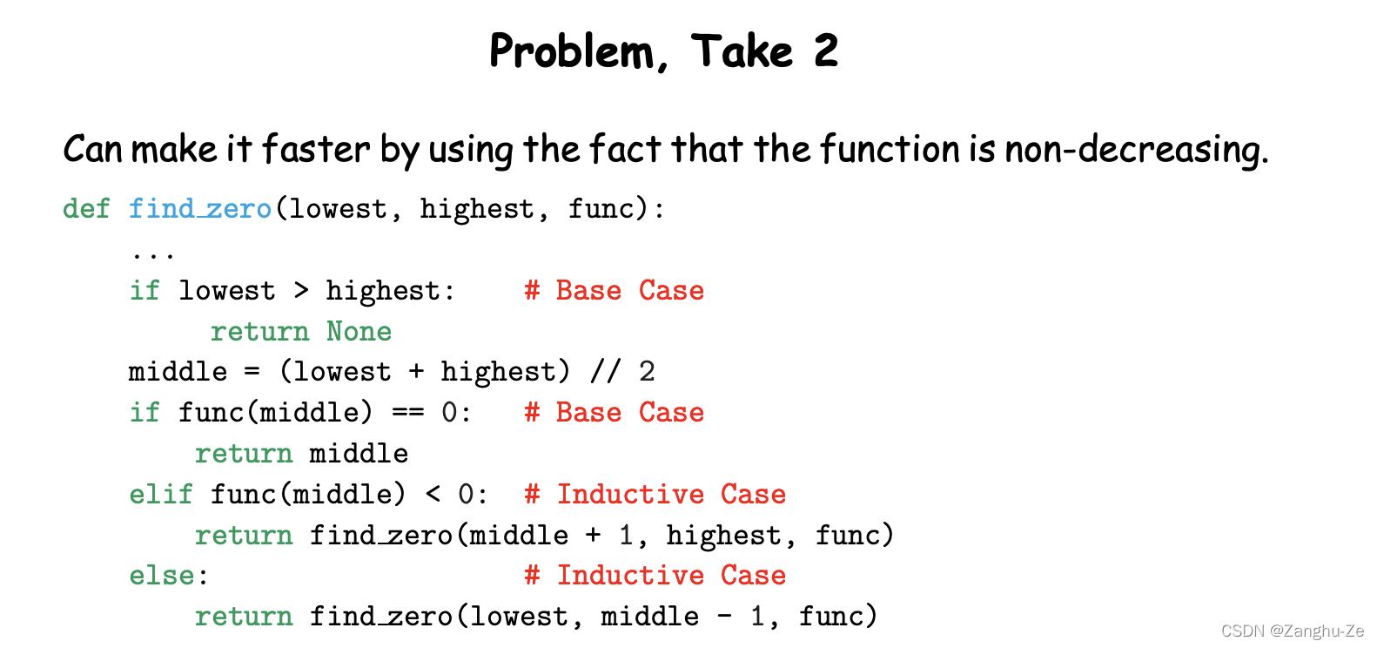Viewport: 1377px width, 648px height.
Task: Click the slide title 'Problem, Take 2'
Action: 663,51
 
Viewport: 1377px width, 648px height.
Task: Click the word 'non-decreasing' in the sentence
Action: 1135,149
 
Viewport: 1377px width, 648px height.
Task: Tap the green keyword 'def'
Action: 86,209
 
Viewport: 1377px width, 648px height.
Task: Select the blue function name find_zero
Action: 200,209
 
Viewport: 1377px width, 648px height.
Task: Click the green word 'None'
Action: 359,331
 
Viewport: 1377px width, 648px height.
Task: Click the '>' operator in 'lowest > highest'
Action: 301,290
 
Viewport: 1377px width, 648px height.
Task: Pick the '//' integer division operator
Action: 605,372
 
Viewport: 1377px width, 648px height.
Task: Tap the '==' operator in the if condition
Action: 406,412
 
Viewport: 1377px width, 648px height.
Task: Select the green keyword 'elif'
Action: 161,494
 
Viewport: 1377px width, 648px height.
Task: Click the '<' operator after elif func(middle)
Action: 433,494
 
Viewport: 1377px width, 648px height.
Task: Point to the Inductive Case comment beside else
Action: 655,575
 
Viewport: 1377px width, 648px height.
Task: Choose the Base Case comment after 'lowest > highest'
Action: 615,290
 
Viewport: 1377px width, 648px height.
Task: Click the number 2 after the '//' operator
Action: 646,372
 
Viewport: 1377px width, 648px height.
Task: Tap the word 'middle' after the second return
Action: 359,453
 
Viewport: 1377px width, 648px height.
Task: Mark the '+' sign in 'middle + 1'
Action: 593,535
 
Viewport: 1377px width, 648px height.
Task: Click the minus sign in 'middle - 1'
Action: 724,617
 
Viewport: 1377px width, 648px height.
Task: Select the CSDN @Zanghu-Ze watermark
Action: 1292,631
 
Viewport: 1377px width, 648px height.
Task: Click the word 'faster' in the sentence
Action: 316,149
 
